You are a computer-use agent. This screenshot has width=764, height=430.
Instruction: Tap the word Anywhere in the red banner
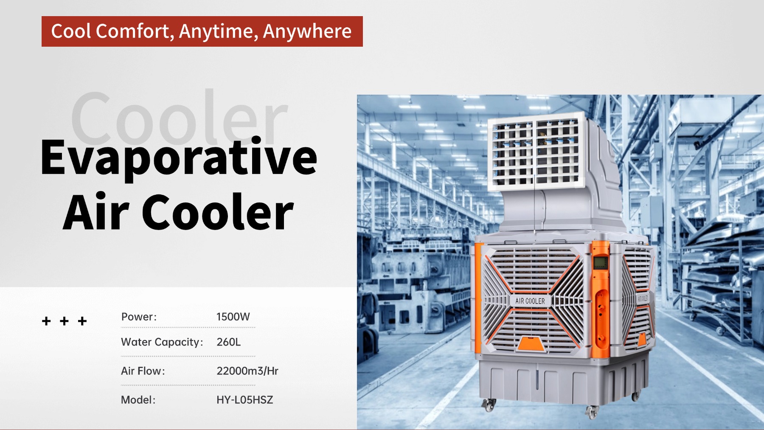[307, 32]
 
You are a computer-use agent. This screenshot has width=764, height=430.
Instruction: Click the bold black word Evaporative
[179, 157]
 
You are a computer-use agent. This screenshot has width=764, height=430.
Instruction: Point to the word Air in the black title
[96, 211]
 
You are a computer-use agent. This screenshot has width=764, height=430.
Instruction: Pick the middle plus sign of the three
[65, 321]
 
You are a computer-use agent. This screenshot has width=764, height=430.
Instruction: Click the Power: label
[139, 317]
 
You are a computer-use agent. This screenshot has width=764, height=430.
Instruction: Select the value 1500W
[233, 317]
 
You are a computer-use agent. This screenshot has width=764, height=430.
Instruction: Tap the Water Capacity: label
[162, 342]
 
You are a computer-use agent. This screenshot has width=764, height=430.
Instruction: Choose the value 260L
[228, 342]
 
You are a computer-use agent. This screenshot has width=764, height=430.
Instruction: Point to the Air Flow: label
[143, 371]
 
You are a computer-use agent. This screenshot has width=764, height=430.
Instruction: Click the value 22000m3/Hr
[247, 371]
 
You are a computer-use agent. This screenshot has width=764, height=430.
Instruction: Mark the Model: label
[138, 400]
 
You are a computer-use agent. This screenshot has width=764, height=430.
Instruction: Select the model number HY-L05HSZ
[244, 400]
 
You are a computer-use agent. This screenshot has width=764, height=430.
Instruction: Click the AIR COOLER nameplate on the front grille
[530, 301]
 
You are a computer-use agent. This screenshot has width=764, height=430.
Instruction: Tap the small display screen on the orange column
[600, 263]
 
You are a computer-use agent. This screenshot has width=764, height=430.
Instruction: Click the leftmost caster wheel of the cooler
[489, 405]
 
